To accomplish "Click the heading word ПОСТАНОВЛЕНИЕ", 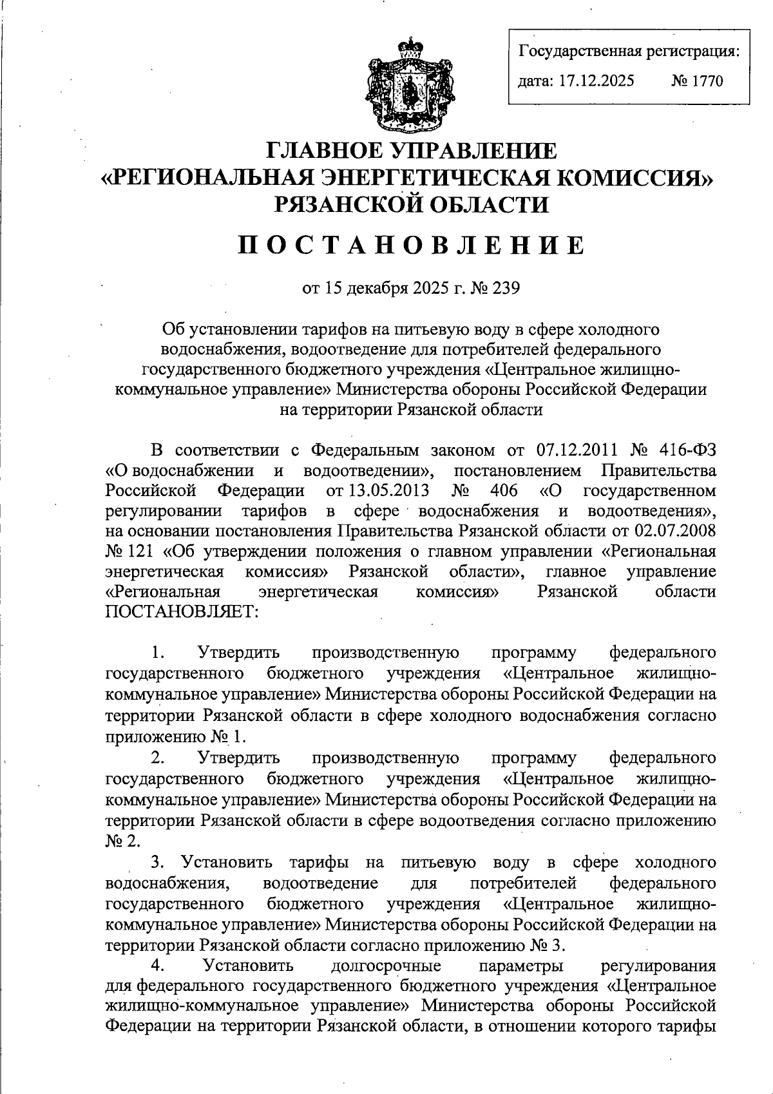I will point(412,245).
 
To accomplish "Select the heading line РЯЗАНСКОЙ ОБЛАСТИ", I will point(412,204).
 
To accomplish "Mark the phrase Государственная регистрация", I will point(629,50).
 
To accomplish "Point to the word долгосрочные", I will point(385,966).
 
